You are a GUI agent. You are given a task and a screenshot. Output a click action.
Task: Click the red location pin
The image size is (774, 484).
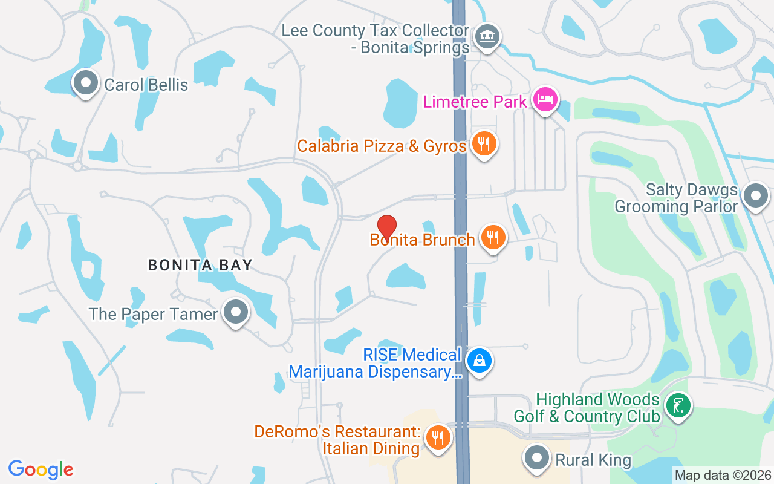(387, 226)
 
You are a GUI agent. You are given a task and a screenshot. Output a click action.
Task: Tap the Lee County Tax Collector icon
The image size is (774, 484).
(487, 36)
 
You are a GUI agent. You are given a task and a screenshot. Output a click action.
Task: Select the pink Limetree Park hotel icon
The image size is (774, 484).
(545, 99)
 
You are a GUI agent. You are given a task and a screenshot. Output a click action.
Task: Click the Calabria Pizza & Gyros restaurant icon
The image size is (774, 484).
(484, 144)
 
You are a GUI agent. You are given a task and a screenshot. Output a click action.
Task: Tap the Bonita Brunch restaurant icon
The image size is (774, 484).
(493, 237)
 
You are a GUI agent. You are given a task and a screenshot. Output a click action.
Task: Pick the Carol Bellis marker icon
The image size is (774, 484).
(85, 82)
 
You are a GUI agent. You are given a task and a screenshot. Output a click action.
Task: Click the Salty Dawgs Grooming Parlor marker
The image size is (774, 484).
(755, 195)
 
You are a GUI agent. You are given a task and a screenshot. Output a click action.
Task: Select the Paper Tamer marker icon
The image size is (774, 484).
(236, 312)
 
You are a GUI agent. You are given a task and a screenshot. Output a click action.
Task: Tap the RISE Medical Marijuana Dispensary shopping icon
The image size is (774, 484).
(480, 361)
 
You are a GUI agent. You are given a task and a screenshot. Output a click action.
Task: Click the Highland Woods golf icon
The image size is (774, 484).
(678, 405)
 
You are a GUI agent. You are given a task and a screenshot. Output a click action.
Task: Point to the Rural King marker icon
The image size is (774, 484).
(536, 458)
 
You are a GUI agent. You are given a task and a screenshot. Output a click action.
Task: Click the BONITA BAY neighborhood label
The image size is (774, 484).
(200, 265)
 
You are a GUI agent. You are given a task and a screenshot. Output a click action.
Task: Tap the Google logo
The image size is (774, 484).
(41, 469)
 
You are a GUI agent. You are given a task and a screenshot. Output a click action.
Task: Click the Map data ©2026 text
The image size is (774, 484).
(723, 476)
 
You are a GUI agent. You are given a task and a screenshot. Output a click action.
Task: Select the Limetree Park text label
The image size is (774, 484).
(475, 101)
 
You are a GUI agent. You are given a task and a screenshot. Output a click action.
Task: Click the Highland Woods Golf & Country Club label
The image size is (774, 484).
(587, 408)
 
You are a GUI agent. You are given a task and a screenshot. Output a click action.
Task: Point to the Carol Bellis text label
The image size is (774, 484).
(146, 85)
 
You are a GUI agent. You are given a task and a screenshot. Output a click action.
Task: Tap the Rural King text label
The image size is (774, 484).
(593, 460)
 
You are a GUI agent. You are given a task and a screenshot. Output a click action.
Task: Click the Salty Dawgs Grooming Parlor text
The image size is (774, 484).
(677, 198)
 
